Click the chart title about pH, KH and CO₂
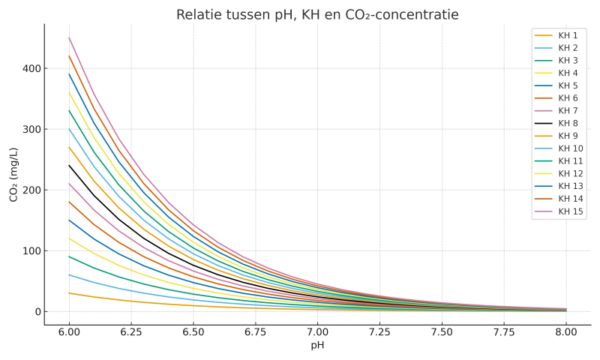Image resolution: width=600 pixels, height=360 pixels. pyautogui.click(x=317, y=15)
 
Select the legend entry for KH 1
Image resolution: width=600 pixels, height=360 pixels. pyautogui.click(x=568, y=36)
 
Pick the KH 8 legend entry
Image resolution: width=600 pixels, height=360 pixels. pyautogui.click(x=568, y=124)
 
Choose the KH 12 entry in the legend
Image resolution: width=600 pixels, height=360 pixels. pyautogui.click(x=570, y=174)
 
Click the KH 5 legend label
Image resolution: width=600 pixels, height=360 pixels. pyautogui.click(x=568, y=86)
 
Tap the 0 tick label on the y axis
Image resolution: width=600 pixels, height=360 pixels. pyautogui.click(x=35, y=311)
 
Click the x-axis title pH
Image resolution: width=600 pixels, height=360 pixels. pyautogui.click(x=317, y=345)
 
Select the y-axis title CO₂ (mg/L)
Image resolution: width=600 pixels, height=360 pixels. pyautogui.click(x=14, y=174)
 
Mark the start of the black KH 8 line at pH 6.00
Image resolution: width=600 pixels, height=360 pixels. pyautogui.click(x=69, y=166)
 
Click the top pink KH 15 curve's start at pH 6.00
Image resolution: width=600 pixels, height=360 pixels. pyautogui.click(x=69, y=37)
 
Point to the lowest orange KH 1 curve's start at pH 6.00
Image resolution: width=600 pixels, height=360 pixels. pyautogui.click(x=69, y=293)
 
